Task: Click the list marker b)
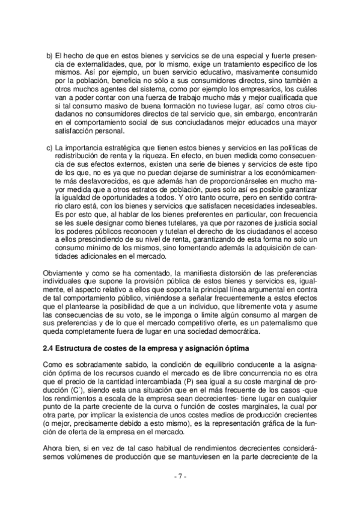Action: click(50, 55)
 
